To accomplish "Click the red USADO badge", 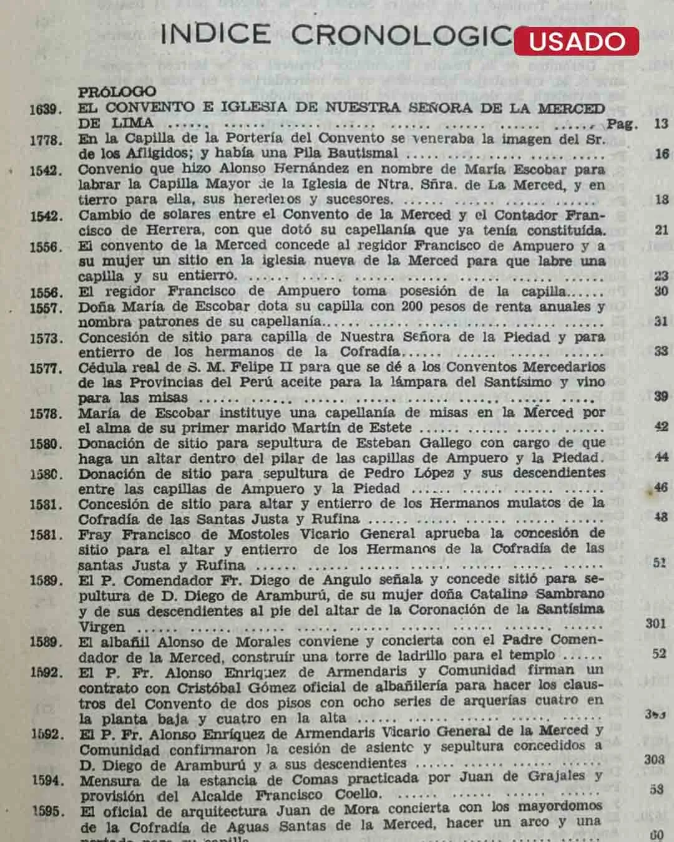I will pyautogui.click(x=576, y=41).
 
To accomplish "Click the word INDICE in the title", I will pyautogui.click(x=215, y=35).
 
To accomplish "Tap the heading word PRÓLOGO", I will pyautogui.click(x=117, y=92).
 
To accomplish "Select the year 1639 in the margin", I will pyautogui.click(x=46, y=109).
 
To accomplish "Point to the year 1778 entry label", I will pyautogui.click(x=46, y=140).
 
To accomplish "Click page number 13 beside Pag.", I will pyautogui.click(x=661, y=123).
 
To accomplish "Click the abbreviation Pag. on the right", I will pyautogui.click(x=622, y=123).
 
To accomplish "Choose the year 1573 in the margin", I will pyautogui.click(x=46, y=339).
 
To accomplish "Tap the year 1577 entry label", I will pyautogui.click(x=46, y=369).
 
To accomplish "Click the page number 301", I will pyautogui.click(x=655, y=623).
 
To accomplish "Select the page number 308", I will pyautogui.click(x=654, y=759).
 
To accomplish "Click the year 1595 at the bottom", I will pyautogui.click(x=48, y=811).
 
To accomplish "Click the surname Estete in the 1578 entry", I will pyautogui.click(x=386, y=428).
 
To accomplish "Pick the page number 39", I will pyautogui.click(x=661, y=397).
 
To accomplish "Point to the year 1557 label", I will pyautogui.click(x=46, y=308).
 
